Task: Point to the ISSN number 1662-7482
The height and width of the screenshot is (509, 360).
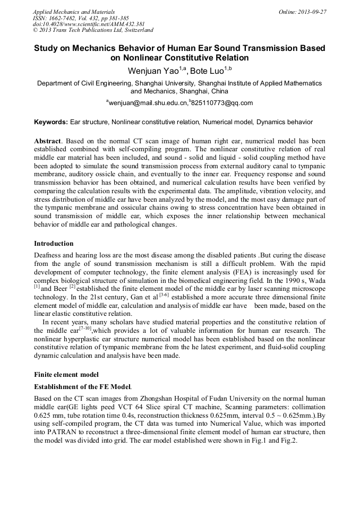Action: click(x=67, y=18)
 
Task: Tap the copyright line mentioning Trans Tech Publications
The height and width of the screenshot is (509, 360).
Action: click(x=93, y=31)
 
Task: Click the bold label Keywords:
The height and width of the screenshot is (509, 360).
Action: click(x=51, y=122)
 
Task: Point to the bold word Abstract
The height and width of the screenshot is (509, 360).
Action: click(x=47, y=143)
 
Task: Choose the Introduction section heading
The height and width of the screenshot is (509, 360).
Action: click(x=54, y=244)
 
